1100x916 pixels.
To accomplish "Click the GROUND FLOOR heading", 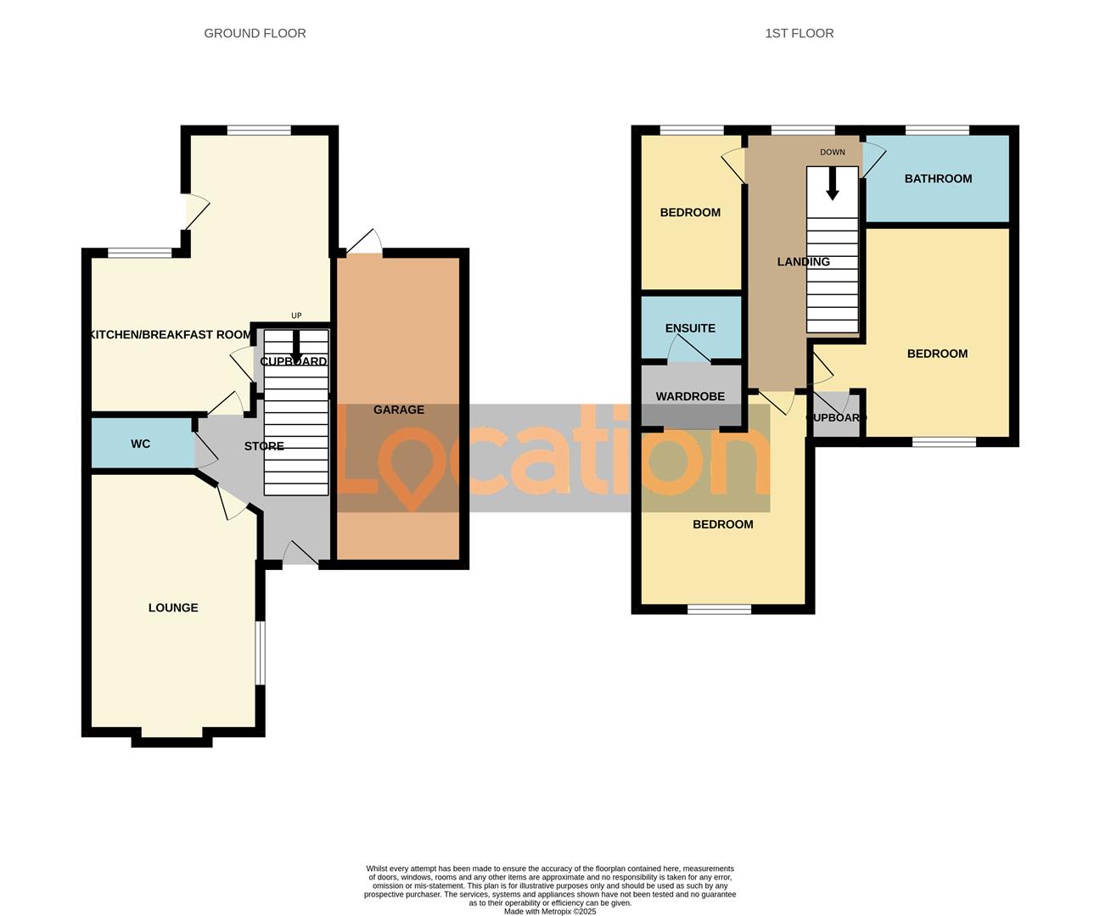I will pyautogui.click(x=255, y=33).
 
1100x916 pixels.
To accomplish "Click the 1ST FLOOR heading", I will pyautogui.click(x=799, y=33).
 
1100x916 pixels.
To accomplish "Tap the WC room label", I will pyautogui.click(x=140, y=444).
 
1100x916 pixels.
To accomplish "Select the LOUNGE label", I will pyautogui.click(x=173, y=607).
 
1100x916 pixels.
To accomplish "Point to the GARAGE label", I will pyautogui.click(x=399, y=410).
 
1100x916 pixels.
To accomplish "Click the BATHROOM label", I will pyautogui.click(x=938, y=178).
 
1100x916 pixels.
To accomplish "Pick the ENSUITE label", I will pyautogui.click(x=690, y=328).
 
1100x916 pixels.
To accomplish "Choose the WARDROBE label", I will pyautogui.click(x=690, y=396).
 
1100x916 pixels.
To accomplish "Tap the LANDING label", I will pyautogui.click(x=803, y=261).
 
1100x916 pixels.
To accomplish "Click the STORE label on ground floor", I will pyautogui.click(x=264, y=446).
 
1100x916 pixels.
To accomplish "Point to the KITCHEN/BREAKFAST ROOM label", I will pyautogui.click(x=171, y=334).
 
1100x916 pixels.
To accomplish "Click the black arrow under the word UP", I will pyautogui.click(x=296, y=345).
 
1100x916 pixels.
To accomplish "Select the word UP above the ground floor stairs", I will pyautogui.click(x=296, y=316).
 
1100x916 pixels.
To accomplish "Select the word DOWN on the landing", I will pyautogui.click(x=833, y=153).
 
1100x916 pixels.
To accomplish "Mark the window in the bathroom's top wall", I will pyautogui.click(x=937, y=130).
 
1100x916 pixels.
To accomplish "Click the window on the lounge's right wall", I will pyautogui.click(x=261, y=652).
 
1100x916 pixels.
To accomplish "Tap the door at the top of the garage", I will pyautogui.click(x=363, y=243).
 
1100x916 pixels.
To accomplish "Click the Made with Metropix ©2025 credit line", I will pyautogui.click(x=550, y=912).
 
